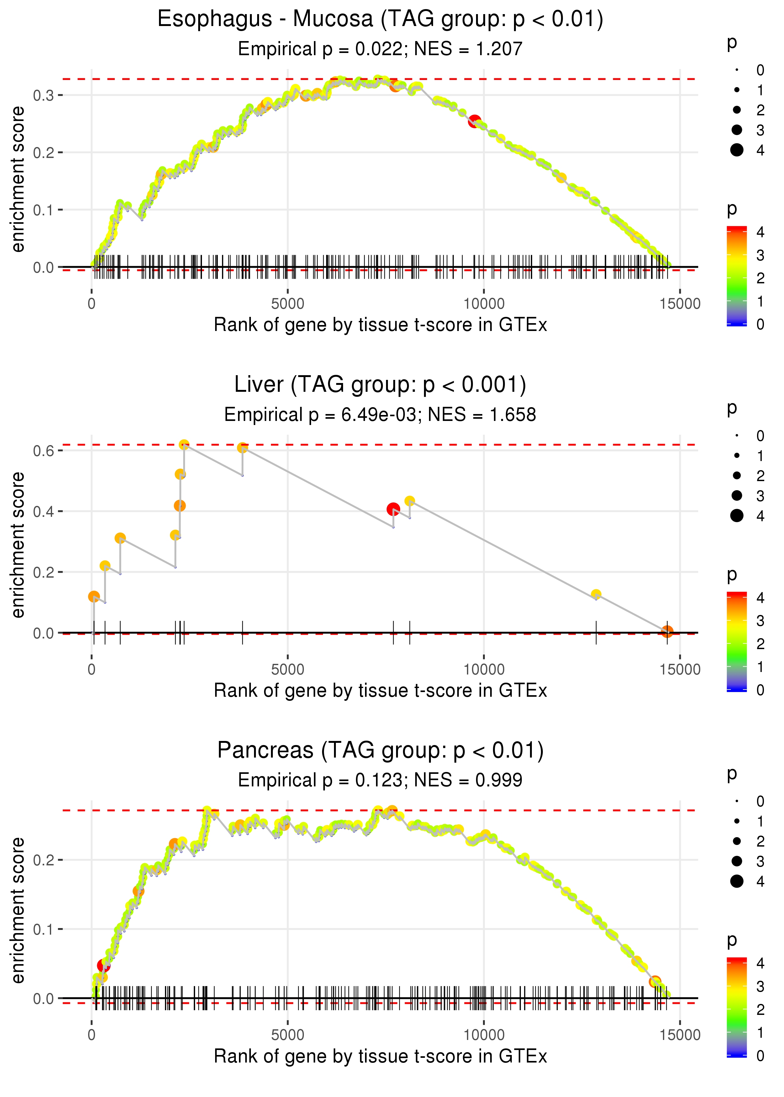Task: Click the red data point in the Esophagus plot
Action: pos(474,121)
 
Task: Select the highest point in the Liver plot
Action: pos(184,445)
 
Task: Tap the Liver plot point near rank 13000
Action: pos(596,594)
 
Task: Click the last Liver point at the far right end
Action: pos(667,631)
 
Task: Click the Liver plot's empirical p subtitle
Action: pos(380,414)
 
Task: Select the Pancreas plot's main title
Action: pos(380,750)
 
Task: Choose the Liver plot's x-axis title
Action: pos(380,690)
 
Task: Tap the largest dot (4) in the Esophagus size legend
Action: pos(737,150)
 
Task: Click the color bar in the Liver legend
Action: pos(737,642)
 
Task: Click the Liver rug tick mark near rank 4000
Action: pos(242,632)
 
